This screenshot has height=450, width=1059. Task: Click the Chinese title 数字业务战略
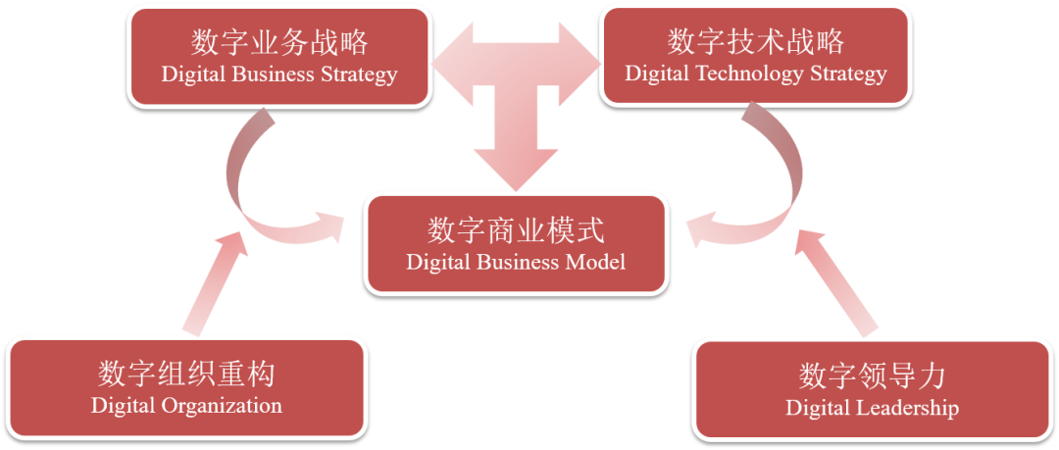click(x=279, y=42)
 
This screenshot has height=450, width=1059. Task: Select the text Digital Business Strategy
click(x=279, y=75)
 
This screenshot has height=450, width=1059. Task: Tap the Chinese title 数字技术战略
click(x=756, y=42)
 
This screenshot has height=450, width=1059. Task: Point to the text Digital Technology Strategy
click(x=756, y=74)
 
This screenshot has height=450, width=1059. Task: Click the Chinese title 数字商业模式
click(x=516, y=231)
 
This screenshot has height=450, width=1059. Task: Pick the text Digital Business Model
click(x=516, y=263)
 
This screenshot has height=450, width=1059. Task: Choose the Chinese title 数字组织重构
click(x=186, y=375)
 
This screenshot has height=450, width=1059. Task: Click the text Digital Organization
click(x=186, y=406)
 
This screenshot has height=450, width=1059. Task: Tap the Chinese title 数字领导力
click(x=872, y=376)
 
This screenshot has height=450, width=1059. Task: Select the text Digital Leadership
click(x=872, y=408)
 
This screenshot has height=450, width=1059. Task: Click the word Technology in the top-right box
click(x=761, y=74)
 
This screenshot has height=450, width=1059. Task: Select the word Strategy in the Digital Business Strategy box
click(x=359, y=75)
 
